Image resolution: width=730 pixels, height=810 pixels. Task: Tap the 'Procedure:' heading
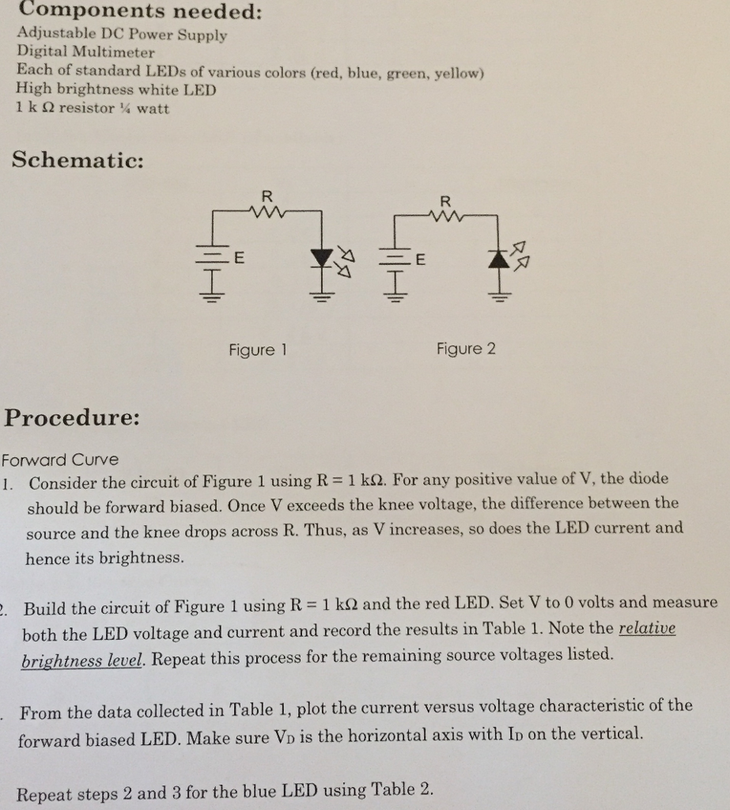[73, 417]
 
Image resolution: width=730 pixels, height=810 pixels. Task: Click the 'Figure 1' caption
[256, 350]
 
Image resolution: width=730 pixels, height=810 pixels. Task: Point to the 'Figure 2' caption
[466, 349]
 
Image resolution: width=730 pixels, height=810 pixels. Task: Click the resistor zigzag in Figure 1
[266, 211]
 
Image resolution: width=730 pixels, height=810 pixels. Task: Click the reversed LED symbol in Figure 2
[499, 259]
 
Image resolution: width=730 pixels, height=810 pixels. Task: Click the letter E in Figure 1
[240, 257]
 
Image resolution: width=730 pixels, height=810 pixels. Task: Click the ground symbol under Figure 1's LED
[321, 299]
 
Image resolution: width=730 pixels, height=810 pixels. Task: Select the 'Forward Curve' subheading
[60, 460]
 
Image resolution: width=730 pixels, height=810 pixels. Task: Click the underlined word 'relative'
[647, 629]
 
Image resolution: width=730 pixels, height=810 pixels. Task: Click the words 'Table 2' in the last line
[402, 789]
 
